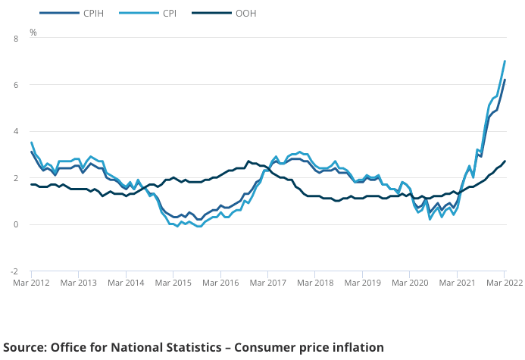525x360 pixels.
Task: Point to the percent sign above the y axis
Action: [x=33, y=33]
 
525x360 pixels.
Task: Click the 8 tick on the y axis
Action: [x=15, y=38]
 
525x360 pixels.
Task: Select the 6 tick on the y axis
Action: [x=15, y=85]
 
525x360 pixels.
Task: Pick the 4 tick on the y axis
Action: [x=15, y=131]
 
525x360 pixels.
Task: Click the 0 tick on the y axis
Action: [x=15, y=224]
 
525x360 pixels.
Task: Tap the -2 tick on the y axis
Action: [x=14, y=271]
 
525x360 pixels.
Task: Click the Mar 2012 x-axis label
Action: [x=32, y=283]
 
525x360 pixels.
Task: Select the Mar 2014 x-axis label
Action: [x=126, y=283]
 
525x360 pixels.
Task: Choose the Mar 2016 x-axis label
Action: [x=220, y=283]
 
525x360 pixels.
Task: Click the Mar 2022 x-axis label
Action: [x=501, y=283]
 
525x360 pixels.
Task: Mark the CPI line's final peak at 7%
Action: [x=505, y=61]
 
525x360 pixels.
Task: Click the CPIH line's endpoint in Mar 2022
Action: [x=505, y=80]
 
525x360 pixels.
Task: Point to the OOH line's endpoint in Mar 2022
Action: [x=505, y=161]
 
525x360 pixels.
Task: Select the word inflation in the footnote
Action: [x=356, y=347]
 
